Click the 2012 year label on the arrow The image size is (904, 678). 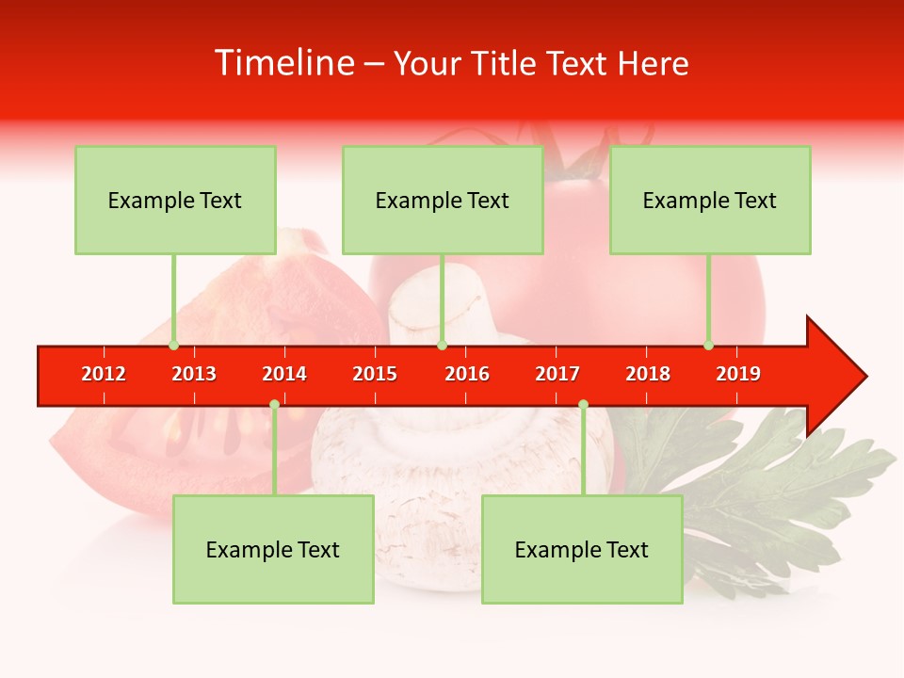(x=104, y=374)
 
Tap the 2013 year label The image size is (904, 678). (x=194, y=374)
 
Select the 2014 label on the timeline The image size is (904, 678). (x=284, y=374)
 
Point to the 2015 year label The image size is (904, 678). (x=375, y=374)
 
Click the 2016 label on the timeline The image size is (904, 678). (x=467, y=374)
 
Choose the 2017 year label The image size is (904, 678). (x=557, y=374)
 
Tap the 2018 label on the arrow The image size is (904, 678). (x=648, y=374)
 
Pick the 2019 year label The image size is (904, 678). (x=738, y=374)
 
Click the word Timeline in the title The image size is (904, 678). (x=282, y=63)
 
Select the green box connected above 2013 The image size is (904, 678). (x=175, y=200)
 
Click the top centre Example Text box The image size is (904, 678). (x=443, y=200)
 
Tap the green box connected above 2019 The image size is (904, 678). (x=710, y=200)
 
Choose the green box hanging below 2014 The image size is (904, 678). (x=273, y=549)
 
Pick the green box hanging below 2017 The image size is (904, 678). (x=582, y=549)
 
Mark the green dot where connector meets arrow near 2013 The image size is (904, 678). (x=174, y=346)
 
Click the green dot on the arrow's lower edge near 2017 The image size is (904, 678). (x=583, y=405)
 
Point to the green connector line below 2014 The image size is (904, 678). (x=274, y=452)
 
